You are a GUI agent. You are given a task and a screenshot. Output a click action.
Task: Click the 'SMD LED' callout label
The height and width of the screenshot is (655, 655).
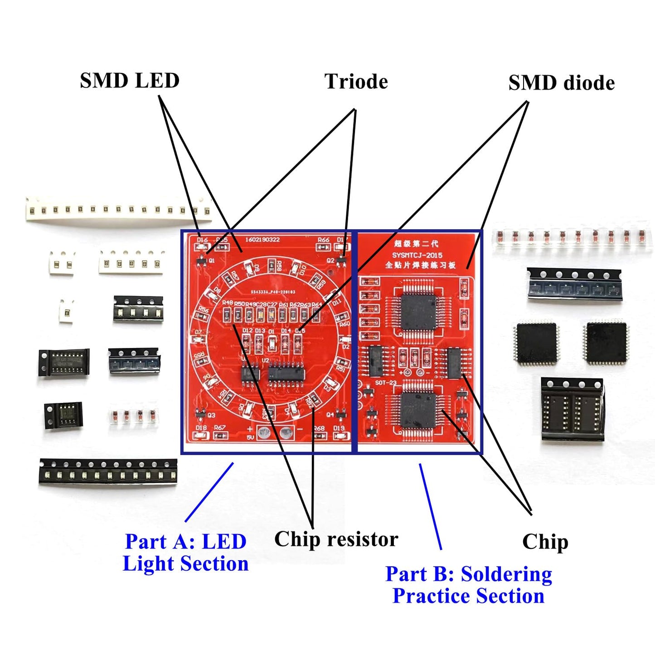(130, 81)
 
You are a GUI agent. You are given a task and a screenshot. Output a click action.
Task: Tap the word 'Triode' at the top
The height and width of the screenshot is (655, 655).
(356, 82)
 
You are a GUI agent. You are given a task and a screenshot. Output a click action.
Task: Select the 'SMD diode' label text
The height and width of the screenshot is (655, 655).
(561, 83)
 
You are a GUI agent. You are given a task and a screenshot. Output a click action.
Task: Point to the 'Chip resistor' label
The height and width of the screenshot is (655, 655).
(336, 539)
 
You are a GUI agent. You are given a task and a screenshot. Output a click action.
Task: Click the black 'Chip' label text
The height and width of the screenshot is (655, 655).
(545, 542)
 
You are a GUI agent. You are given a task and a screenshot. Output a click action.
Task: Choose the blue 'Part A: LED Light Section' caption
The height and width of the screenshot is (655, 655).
(185, 553)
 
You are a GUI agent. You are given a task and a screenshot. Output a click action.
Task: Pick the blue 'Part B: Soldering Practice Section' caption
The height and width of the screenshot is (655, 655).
(469, 585)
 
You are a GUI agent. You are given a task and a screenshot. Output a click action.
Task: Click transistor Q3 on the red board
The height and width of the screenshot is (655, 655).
(200, 414)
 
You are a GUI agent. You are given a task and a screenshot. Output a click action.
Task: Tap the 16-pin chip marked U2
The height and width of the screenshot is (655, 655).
(286, 374)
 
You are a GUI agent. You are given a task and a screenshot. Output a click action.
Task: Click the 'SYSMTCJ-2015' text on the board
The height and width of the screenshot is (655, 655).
(417, 255)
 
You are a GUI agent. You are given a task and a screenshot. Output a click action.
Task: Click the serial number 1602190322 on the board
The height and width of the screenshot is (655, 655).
(262, 239)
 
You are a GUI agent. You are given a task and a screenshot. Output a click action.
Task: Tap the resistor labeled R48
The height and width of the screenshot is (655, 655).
(227, 314)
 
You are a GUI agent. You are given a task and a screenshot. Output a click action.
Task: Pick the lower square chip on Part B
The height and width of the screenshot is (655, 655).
(417, 411)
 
